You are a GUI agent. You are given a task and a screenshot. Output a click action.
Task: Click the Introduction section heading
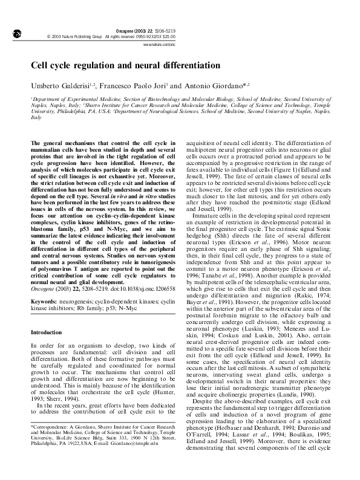[46, 332]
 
